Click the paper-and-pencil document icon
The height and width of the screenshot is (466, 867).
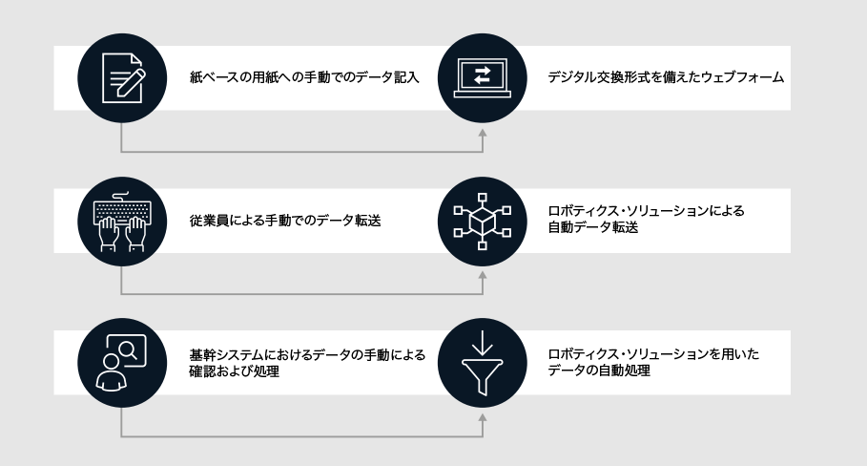tap(122, 78)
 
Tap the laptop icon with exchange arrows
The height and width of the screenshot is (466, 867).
tap(483, 78)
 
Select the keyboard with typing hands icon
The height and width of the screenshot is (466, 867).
tap(122, 222)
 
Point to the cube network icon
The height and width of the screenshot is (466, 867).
tap(483, 222)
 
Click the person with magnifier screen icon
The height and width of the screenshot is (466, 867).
tap(122, 363)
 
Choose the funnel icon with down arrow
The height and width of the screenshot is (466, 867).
tap(483, 363)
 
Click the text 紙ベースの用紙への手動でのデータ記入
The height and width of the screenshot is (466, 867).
tap(304, 77)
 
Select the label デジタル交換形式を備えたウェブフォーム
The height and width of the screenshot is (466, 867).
tap(666, 77)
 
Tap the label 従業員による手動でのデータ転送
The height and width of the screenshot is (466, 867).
tap(285, 221)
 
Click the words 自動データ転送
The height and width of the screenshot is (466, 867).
tap(592, 227)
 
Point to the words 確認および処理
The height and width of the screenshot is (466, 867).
tap(234, 371)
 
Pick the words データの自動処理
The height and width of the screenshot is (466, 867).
tap(599, 371)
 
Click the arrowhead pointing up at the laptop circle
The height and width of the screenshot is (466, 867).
tap(483, 134)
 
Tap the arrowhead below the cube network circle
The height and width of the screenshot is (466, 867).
tap(483, 276)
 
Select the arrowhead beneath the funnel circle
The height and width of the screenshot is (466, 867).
tap(483, 418)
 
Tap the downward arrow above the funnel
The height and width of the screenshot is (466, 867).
tap(483, 343)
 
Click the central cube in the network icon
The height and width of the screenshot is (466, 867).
tap(483, 222)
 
